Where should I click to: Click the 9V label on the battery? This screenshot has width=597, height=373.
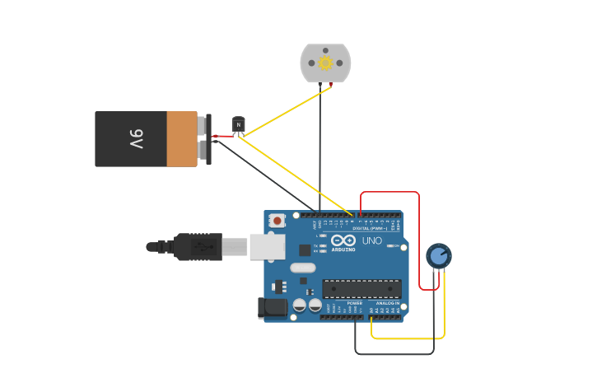(136, 139)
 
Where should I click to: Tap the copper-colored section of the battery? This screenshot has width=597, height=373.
(182, 139)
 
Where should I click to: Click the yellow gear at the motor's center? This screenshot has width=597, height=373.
(325, 63)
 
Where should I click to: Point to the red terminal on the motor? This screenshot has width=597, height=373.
(331, 84)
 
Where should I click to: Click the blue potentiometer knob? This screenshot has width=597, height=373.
(439, 255)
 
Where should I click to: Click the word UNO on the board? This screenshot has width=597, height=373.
(371, 240)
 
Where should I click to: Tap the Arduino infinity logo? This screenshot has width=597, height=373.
(343, 240)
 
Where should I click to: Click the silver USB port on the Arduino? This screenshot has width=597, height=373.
(268, 246)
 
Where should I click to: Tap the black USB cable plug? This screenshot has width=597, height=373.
(198, 246)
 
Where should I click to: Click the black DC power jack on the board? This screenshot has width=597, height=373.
(273, 308)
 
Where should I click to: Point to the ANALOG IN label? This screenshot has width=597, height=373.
(387, 303)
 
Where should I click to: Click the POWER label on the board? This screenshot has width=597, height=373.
(354, 303)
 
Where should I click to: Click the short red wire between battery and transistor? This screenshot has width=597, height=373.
(222, 136)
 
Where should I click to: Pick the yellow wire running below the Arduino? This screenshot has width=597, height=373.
(408, 338)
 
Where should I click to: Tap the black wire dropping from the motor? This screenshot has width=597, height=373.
(320, 148)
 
